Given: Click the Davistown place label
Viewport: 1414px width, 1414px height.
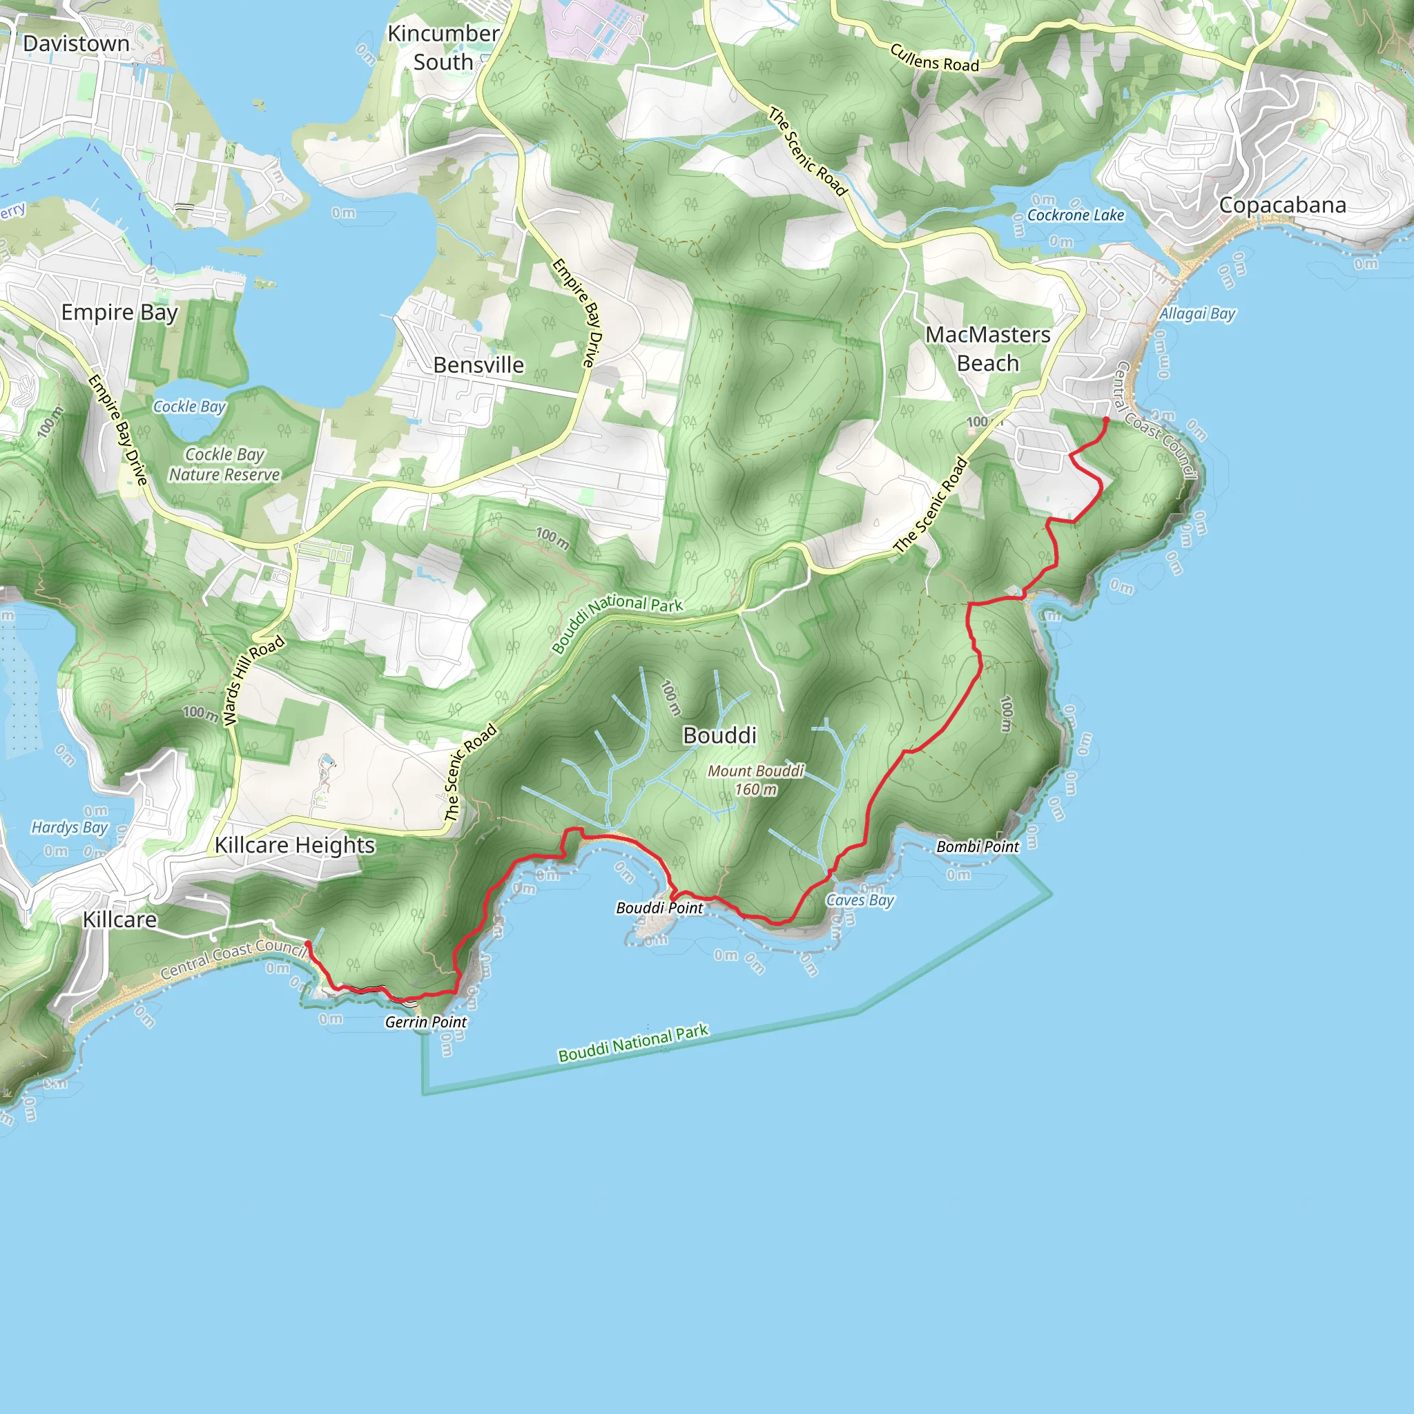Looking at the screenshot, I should pos(76,44).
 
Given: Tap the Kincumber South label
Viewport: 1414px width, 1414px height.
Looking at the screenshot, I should pos(443,48).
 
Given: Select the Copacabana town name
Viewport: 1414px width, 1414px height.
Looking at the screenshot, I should pos(1282,205).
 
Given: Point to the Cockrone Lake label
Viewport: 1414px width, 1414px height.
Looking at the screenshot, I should pos(1075,215).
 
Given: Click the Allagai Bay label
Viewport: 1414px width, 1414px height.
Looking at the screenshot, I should pos(1197,314).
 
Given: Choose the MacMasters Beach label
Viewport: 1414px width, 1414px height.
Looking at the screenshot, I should pos(988,349).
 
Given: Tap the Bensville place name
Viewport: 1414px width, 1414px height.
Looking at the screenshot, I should pos(478,365).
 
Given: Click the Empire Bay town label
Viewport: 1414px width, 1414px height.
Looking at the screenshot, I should pos(119,313).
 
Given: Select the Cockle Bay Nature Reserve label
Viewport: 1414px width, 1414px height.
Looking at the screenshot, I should pos(224,465).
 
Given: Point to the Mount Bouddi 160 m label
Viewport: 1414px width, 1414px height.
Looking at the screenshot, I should pos(756,780).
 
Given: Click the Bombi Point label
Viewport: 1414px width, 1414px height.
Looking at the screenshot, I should pos(978,846).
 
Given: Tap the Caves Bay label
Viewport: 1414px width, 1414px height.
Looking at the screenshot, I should pos(860,900).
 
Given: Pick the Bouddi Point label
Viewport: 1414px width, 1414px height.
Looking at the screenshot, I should pos(659,909).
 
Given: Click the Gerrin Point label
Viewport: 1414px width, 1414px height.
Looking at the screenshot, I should pos(426,1023).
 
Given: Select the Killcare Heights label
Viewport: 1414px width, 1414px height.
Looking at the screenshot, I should pos(295,845).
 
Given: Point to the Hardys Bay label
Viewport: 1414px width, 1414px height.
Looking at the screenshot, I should pos(70,828).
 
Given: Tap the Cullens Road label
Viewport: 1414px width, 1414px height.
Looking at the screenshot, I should pos(935,58).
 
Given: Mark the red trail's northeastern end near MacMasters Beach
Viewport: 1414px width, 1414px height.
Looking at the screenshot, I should pos(1106,419).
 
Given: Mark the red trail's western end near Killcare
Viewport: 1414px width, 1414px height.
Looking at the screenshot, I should pos(307,943).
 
